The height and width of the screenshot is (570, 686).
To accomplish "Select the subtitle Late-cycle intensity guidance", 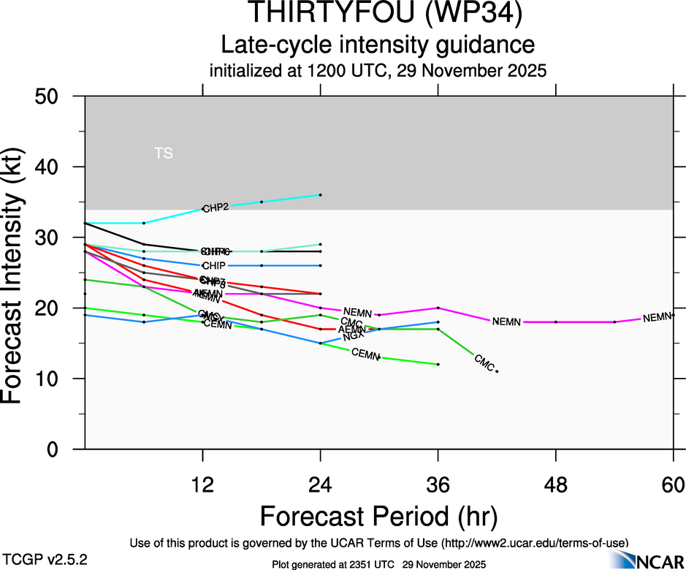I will coord(378,45).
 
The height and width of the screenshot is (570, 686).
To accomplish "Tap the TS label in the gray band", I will coord(164,153).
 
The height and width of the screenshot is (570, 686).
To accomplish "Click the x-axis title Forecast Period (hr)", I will coord(378,517).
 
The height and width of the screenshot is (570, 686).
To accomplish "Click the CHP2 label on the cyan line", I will coord(216,208).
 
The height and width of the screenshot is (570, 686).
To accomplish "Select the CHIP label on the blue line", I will coord(213,265).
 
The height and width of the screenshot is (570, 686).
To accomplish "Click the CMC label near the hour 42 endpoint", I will coord(484,361).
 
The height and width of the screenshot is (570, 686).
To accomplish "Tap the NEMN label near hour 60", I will coord(657,317).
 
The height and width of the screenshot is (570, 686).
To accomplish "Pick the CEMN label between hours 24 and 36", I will coord(365,354).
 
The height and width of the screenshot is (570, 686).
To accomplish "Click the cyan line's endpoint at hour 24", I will coord(321,195).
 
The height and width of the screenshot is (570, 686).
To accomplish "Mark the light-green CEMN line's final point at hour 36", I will coord(438,364).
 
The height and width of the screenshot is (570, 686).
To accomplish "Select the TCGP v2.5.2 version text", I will coord(38,559).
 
